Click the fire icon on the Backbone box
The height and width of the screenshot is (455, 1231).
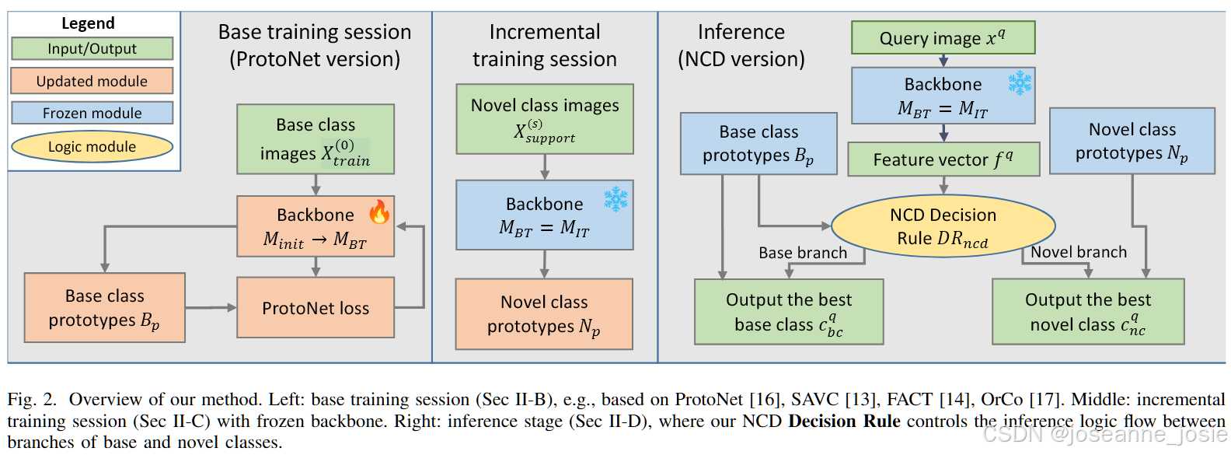coord(379,212)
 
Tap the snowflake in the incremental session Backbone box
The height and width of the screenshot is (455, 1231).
coord(615,199)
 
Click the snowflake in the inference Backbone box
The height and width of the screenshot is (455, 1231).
coord(1020,83)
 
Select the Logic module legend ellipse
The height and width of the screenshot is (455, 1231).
coord(92,146)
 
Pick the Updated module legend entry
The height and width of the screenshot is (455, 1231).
coord(92,81)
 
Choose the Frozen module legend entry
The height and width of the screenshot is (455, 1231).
coord(92,113)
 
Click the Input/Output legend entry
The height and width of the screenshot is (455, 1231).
coord(92,48)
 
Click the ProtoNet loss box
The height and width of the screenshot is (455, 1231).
coord(316,308)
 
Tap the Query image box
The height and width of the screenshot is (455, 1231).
coord(943,37)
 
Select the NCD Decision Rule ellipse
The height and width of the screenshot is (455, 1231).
coord(943,226)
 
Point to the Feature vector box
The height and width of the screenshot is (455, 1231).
coord(943,159)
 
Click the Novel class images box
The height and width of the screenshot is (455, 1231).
coord(545,119)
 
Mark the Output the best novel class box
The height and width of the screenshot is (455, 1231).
coord(1088,311)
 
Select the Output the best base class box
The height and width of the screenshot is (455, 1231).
coord(789,311)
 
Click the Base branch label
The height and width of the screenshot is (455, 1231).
coord(803,253)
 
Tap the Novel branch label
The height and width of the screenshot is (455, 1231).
coord(1078,252)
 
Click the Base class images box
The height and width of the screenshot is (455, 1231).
coord(316,139)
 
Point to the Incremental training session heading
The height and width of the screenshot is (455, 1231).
coord(545,45)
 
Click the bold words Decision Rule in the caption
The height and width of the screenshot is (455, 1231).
coord(844,421)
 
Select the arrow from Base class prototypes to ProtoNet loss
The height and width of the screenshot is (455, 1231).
coord(211,308)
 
